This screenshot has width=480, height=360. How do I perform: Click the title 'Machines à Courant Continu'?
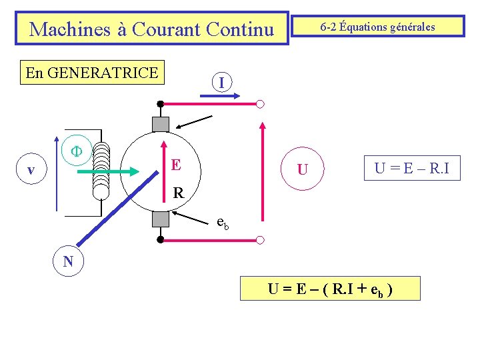tap(152, 29)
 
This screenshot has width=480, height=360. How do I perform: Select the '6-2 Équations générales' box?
tap(377, 27)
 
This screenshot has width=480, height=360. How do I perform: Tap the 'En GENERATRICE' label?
tap(92, 73)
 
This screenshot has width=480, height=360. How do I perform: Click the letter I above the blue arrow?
tap(221, 83)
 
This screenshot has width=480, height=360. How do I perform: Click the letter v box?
tap(31, 171)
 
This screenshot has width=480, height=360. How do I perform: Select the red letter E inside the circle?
tap(175, 165)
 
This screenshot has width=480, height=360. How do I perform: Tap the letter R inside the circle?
tap(178, 193)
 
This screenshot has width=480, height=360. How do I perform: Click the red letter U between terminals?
tap(303, 170)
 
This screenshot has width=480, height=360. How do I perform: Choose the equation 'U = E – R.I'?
tap(411, 169)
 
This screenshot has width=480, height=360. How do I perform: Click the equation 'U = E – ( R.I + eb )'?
tap(330, 289)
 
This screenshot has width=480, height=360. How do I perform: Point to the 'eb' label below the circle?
tap(223, 223)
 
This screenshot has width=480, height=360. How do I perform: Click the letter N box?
tap(68, 261)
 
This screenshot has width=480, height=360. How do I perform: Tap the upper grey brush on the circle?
tap(161, 124)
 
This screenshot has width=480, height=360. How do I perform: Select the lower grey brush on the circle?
tap(161, 219)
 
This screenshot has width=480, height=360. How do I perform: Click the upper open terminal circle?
tap(260, 104)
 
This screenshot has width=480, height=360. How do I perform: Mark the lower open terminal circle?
tap(260, 239)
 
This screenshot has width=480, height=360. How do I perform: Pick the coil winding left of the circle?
tap(101, 169)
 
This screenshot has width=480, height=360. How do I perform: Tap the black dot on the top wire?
tap(161, 104)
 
